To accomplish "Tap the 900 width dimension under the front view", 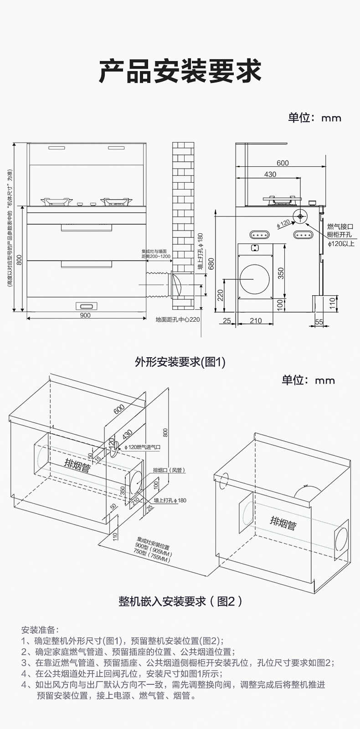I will [85, 315].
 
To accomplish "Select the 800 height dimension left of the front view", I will [19, 259].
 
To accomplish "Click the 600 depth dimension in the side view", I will [283, 163].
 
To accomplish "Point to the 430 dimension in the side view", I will [270, 175].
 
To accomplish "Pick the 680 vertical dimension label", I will [211, 264].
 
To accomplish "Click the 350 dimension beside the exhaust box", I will [281, 273].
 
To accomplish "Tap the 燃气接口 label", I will [340, 226].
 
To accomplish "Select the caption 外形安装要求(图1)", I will [180, 362].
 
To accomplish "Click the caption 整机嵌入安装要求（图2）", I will [180, 601].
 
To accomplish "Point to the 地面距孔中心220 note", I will [178, 319].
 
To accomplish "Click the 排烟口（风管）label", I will [169, 470].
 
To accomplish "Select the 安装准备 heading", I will [40, 630].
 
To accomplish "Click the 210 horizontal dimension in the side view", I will [256, 321].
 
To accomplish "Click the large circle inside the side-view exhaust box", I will [254, 278].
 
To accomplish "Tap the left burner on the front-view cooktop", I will [57, 201].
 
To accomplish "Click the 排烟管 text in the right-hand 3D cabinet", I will [283, 523].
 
